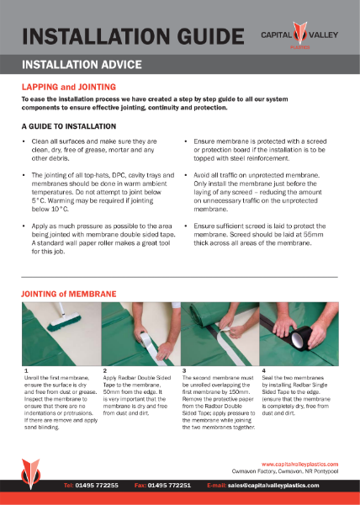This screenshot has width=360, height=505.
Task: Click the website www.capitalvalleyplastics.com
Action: tap(299, 464)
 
